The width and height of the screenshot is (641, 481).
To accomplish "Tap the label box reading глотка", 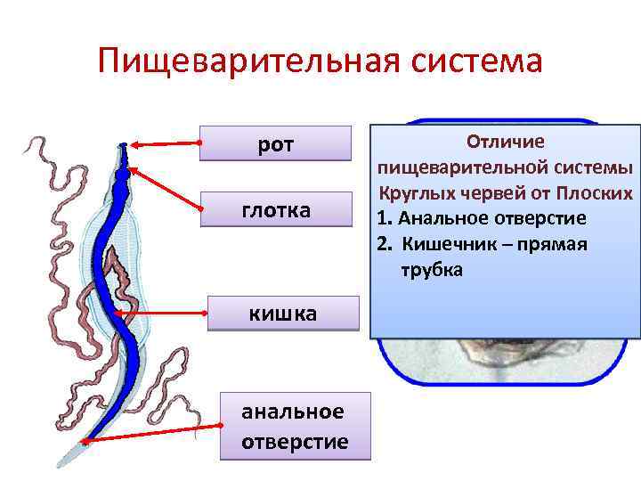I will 276,210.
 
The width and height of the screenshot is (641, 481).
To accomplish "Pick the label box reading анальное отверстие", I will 295,427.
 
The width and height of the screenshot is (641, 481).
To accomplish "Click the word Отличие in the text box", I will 506,142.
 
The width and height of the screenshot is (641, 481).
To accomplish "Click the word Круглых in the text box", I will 415,192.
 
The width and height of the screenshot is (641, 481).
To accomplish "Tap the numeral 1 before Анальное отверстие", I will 380,218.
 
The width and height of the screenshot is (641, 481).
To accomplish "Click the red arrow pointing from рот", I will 166,143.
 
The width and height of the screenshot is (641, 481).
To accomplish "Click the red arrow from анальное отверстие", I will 151,435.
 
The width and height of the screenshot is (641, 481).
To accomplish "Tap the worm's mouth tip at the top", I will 123,145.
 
